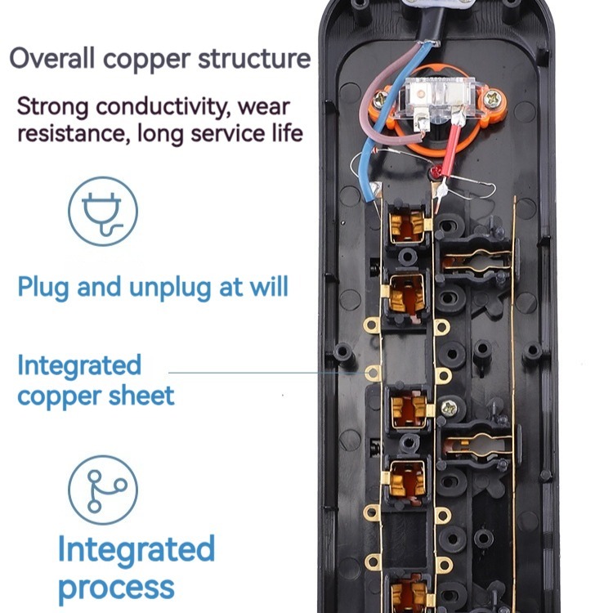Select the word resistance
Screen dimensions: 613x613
pyautogui.click(x=67, y=132)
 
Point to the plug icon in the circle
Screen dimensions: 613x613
pyautogui.click(x=102, y=212)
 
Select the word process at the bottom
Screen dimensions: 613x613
pyautogui.click(x=115, y=587)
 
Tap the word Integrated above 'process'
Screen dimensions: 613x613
pyautogui.click(x=136, y=548)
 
